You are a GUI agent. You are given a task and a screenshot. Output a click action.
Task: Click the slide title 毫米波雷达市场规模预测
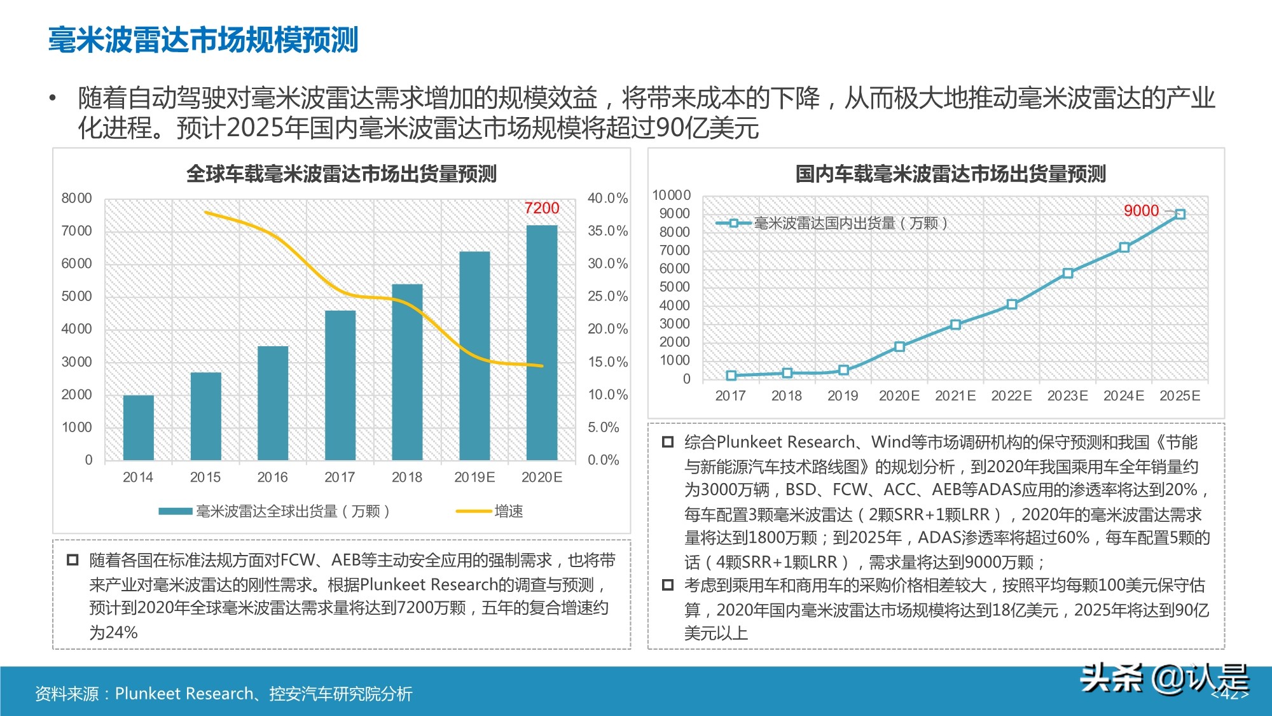204,39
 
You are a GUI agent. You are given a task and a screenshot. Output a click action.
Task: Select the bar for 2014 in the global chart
138,427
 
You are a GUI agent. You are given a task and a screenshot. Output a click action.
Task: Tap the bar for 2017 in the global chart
340,385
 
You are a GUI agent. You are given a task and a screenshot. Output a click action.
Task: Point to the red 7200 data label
542,208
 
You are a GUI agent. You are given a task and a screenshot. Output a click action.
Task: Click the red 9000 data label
1141,211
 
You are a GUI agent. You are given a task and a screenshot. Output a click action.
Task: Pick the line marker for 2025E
1180,214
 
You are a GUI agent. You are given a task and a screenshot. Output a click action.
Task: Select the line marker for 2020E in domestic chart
899,347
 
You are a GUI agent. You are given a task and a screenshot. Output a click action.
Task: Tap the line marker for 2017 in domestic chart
731,376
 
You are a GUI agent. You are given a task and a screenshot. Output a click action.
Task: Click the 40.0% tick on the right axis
607,198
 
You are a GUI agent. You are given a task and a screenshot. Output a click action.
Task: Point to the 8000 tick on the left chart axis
76,198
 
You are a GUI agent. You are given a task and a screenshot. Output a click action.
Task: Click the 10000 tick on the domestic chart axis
671,195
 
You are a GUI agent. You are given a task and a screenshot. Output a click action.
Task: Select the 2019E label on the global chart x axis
474,477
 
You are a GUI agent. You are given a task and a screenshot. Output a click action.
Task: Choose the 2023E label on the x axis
1067,396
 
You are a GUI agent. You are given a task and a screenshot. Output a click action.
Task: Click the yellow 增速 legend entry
490,511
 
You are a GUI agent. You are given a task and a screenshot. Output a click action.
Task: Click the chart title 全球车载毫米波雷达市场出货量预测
341,174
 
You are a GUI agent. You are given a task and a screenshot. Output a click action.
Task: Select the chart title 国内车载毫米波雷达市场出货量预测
950,174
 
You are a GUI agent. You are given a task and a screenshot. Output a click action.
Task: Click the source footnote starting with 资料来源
223,693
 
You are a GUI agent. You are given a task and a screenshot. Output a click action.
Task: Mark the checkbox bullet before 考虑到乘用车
668,585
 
